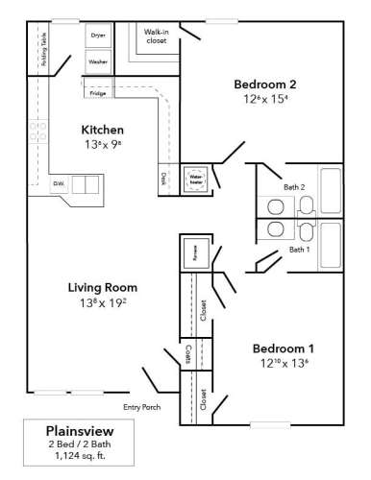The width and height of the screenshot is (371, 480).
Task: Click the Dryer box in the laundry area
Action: tap(98, 36)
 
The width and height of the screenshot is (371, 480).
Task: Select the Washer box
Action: tap(98, 61)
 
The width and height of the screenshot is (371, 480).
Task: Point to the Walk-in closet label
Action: tap(157, 36)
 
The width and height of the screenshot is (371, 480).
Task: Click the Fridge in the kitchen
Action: tap(98, 93)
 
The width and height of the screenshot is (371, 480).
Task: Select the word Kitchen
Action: tap(103, 129)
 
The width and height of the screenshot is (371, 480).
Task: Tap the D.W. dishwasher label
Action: tap(59, 182)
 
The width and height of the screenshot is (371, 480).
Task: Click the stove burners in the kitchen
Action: tap(38, 132)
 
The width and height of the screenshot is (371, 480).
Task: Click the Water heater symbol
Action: tap(196, 180)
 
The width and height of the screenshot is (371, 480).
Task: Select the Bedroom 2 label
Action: tap(265, 84)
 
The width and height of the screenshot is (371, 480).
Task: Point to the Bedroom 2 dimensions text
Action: tap(265, 100)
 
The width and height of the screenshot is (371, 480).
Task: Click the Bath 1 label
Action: tap(300, 250)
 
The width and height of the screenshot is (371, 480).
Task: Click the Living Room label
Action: tap(102, 286)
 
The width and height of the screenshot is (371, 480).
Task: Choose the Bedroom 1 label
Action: tap(284, 348)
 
